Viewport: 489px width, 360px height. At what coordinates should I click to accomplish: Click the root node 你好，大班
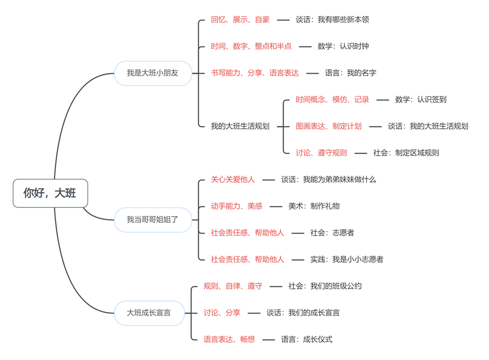(x=50, y=193)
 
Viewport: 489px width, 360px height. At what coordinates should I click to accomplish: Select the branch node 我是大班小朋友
(x=153, y=73)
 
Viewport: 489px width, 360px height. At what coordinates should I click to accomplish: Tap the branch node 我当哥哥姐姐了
(x=153, y=220)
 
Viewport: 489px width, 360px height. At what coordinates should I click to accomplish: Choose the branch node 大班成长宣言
(x=149, y=313)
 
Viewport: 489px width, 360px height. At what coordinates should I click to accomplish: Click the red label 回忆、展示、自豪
(x=240, y=20)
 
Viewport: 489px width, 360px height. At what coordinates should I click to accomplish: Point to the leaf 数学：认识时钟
(x=343, y=46)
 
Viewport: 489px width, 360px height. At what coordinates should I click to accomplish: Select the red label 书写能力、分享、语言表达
(x=255, y=73)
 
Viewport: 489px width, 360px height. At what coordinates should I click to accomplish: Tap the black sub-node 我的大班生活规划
(x=240, y=126)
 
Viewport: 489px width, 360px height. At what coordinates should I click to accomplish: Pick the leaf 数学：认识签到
(x=421, y=99)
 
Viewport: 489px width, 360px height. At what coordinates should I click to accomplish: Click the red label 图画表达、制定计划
(x=329, y=126)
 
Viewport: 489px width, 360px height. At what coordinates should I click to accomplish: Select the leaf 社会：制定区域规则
(x=406, y=153)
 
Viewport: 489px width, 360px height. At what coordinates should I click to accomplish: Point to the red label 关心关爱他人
(x=233, y=180)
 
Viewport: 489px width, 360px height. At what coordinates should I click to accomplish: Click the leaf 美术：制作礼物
(x=314, y=206)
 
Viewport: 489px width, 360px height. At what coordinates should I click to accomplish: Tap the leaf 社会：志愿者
(x=332, y=233)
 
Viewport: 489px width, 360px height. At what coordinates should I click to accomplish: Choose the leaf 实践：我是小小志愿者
(x=347, y=259)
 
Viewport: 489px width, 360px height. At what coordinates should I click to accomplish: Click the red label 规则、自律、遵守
(x=233, y=286)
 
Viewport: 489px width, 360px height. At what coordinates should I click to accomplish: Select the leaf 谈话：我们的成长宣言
(x=303, y=313)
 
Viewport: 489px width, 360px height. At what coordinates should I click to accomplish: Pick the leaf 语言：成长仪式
(x=307, y=339)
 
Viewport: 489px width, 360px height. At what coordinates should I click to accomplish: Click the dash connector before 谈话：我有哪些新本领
(x=283, y=20)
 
